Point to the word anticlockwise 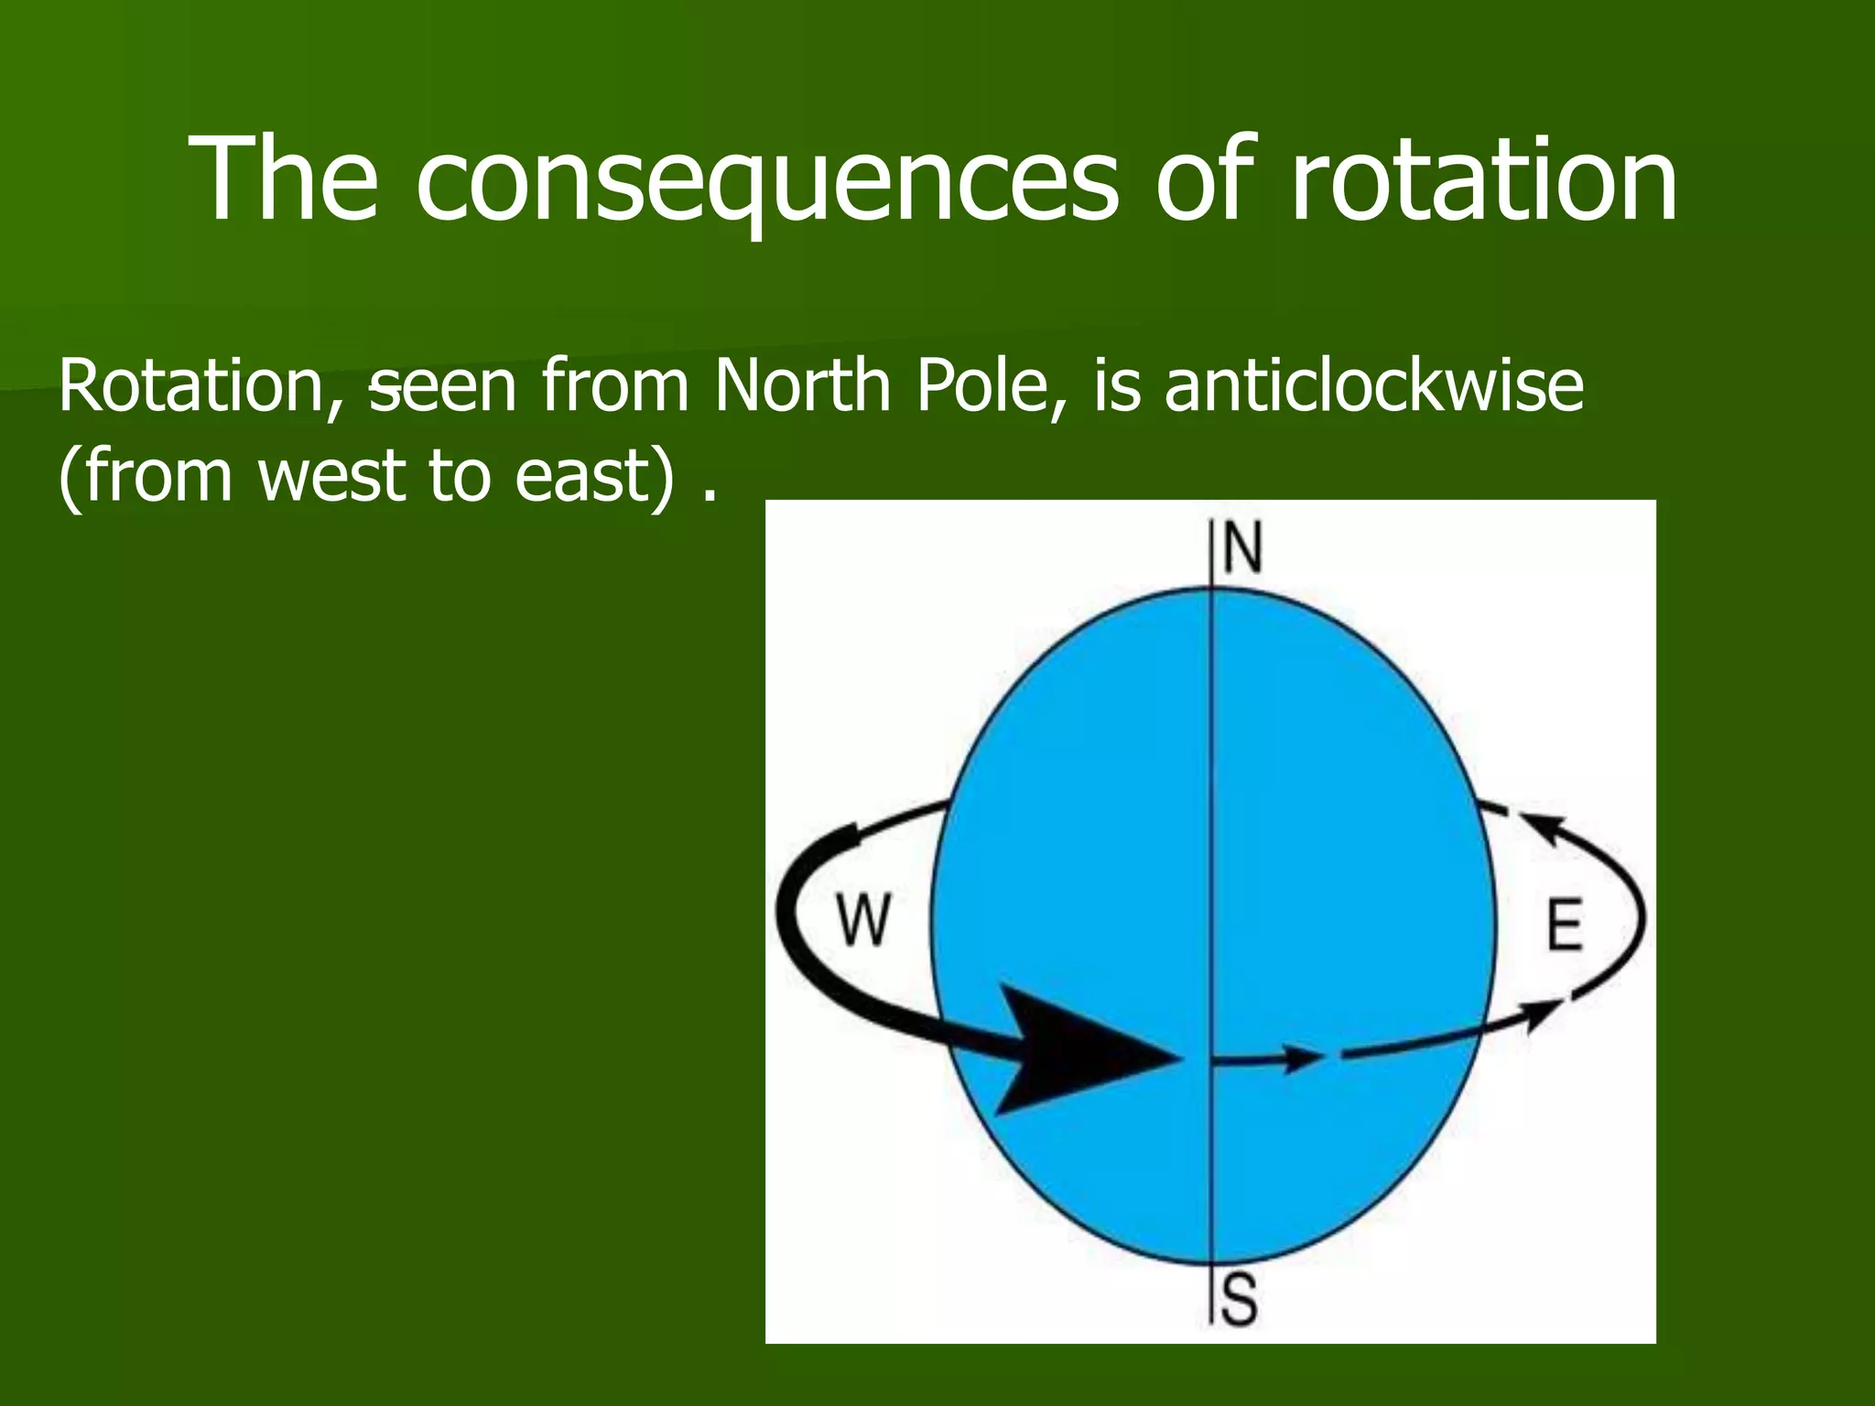pyautogui.click(x=1373, y=386)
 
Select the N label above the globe pyautogui.click(x=1241, y=548)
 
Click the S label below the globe pyautogui.click(x=1240, y=1301)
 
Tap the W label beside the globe pyautogui.click(x=863, y=920)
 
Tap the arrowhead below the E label pyautogui.click(x=1544, y=1012)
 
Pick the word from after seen pyautogui.click(x=614, y=386)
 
